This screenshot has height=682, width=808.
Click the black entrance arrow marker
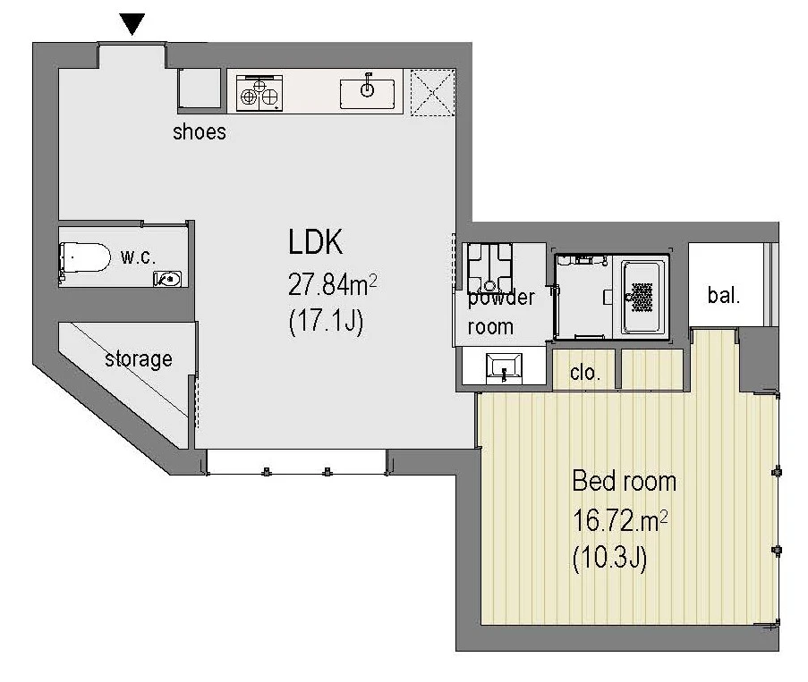click(132, 23)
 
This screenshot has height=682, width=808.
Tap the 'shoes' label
click(200, 131)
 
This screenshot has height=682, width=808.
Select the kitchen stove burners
click(259, 93)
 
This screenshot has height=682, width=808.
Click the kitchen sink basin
click(367, 94)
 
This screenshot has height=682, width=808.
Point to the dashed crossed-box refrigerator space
click(433, 93)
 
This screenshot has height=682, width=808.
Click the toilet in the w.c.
click(85, 257)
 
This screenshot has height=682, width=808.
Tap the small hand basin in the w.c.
click(168, 279)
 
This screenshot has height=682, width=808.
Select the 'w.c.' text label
click(138, 257)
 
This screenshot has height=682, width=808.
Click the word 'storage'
click(139, 358)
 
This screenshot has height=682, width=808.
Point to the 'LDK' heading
click(315, 241)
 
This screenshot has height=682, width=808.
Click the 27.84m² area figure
click(332, 284)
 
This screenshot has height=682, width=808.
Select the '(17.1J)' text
click(327, 322)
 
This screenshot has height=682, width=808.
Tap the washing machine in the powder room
click(489, 267)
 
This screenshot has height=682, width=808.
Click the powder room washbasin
click(504, 367)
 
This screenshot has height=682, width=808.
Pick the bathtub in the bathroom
click(642, 297)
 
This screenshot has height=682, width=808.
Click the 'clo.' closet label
click(585, 372)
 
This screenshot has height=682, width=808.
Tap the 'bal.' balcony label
click(724, 296)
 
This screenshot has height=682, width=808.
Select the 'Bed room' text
click(624, 481)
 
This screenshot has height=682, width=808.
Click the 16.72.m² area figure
click(620, 521)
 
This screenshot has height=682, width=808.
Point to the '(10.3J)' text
click(609, 558)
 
